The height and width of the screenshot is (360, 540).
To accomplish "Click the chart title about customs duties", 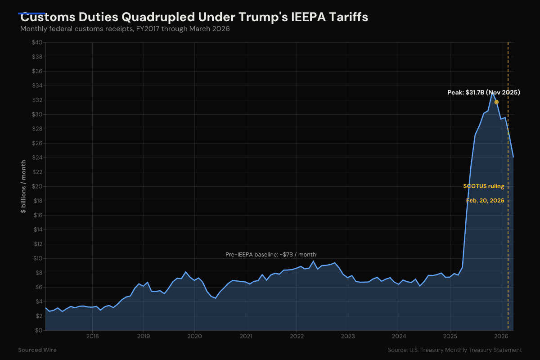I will point(194,18).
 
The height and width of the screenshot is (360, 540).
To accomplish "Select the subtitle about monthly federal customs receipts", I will point(125,29).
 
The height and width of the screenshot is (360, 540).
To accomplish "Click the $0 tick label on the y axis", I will point(39,330).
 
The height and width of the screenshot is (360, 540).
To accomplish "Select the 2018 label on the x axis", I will point(92,337).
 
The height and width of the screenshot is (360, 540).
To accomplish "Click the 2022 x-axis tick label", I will point(297,337).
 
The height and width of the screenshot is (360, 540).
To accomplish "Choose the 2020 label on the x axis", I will point(194,337).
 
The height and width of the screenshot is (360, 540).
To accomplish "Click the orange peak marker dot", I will point(496,102).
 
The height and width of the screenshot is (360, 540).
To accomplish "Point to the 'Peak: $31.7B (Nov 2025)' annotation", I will point(483,93).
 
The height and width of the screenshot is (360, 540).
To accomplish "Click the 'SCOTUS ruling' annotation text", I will point(483,186).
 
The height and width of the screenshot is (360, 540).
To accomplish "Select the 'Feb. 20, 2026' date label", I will point(485,201).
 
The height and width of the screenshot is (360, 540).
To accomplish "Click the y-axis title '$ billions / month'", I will point(23,186).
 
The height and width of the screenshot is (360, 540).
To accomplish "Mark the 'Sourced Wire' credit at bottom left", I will point(37,350).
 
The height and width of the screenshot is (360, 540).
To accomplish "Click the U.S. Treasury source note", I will point(454,350).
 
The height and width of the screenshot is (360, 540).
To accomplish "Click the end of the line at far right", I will point(513,157).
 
